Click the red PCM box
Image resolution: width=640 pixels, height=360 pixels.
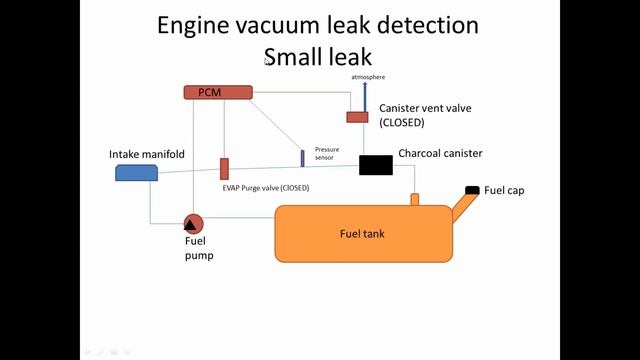click(217, 92)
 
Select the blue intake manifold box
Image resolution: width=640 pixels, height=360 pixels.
click(137, 172)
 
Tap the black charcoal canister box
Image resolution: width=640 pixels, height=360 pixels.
click(376, 165)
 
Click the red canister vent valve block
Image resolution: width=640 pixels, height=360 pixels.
click(357, 117)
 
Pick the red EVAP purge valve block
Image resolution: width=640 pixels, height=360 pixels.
click(225, 168)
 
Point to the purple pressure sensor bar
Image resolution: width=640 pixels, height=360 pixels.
click(302, 158)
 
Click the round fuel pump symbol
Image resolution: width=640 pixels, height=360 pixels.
click(193, 223)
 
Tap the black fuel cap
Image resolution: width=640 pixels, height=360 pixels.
click(472, 190)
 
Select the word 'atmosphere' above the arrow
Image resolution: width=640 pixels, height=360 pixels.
click(368, 76)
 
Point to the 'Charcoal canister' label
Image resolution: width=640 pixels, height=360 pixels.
click(440, 153)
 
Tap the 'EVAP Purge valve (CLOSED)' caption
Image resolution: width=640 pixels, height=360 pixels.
click(265, 187)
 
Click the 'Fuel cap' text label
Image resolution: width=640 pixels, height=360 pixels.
click(504, 190)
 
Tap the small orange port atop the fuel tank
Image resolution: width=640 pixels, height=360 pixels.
click(414, 199)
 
